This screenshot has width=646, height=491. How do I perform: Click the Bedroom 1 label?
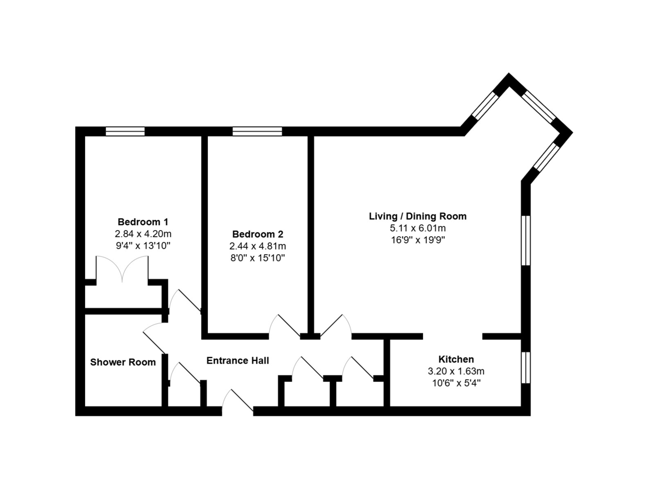[x=143, y=222]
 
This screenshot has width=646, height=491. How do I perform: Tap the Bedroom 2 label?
[x=257, y=234]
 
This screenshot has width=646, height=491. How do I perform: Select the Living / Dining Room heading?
[x=418, y=216]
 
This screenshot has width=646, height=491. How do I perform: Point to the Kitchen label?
[x=456, y=359]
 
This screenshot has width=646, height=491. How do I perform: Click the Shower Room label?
[x=123, y=362]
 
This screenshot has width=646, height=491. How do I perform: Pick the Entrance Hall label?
[x=237, y=360]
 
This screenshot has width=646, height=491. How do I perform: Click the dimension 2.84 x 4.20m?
[x=143, y=234]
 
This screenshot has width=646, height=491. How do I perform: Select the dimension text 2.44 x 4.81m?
[x=257, y=246]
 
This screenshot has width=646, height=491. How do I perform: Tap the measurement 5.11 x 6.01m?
[x=418, y=228]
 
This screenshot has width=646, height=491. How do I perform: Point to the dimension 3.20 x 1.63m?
[x=456, y=371]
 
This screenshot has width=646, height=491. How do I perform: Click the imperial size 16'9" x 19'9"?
[x=418, y=240]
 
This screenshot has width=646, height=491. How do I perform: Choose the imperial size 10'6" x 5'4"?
[x=456, y=383]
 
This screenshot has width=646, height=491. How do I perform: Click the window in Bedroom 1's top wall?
[x=125, y=131]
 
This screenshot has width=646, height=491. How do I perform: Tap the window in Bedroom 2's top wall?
[x=257, y=131]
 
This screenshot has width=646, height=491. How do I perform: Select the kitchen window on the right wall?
[x=525, y=367]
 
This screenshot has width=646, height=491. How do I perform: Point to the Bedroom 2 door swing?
[x=285, y=325]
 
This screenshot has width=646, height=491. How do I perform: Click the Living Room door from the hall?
[x=336, y=325]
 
